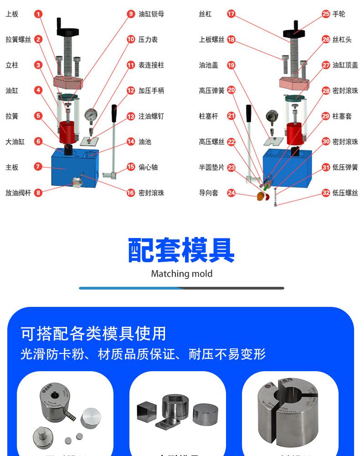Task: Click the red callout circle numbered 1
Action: tap(38, 14)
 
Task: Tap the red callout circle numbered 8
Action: tap(38, 193)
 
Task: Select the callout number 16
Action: tap(131, 193)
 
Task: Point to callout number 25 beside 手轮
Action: tap(326, 14)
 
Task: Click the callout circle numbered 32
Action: tap(326, 193)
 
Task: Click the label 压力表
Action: tap(148, 40)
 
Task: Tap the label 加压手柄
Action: tap(151, 91)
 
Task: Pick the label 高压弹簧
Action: tap(211, 91)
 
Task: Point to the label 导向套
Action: tap(208, 193)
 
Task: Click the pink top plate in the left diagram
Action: tap(67, 83)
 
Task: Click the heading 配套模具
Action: tap(181, 250)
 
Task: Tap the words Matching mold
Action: tap(181, 274)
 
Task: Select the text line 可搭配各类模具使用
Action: tap(93, 333)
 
